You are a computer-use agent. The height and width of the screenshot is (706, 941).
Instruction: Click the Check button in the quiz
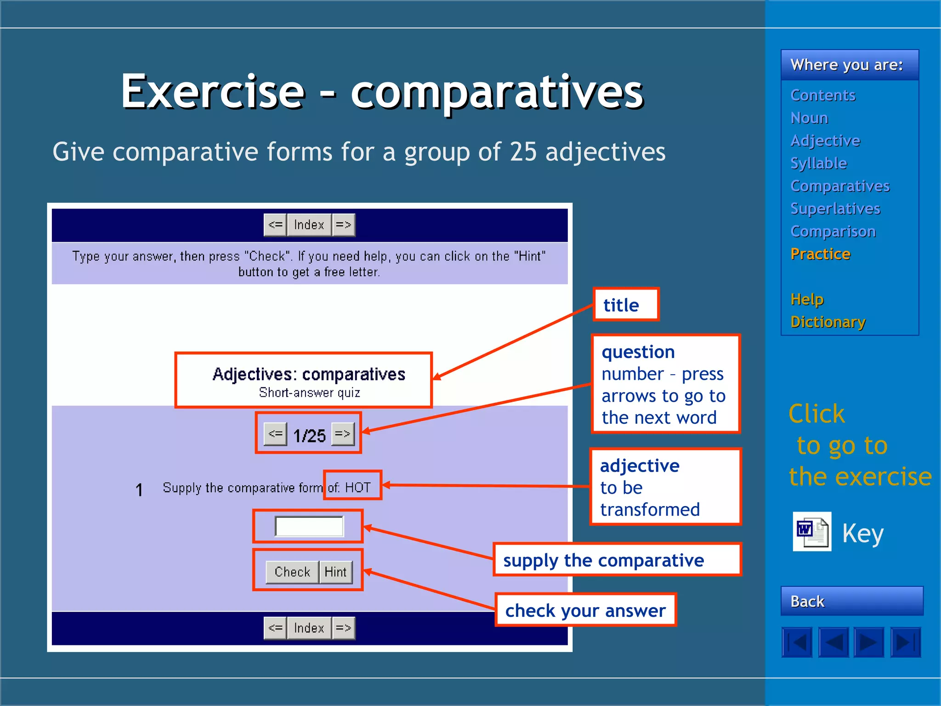[292, 572]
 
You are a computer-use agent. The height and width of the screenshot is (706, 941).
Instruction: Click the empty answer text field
[309, 526]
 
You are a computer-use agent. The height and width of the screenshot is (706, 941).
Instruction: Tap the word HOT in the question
[358, 487]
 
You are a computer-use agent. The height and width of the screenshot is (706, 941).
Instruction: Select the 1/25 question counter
[309, 435]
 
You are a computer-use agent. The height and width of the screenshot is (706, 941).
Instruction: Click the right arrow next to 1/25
[343, 434]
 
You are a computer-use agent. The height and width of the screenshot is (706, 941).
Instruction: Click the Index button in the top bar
[309, 225]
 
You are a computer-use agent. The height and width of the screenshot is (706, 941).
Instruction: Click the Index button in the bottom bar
[309, 628]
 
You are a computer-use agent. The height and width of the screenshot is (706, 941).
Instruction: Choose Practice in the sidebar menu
[820, 254]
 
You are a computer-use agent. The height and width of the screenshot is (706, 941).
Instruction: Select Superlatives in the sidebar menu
[835, 209]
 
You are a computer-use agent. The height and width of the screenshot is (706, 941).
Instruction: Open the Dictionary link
[828, 322]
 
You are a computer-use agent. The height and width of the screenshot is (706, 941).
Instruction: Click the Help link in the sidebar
[807, 299]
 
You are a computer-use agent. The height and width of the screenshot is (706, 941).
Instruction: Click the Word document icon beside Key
[812, 531]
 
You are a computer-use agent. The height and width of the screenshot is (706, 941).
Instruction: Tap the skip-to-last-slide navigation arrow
[905, 642]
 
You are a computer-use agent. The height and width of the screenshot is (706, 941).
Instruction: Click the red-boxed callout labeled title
[625, 304]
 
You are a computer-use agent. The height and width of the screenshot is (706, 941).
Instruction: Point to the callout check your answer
[585, 610]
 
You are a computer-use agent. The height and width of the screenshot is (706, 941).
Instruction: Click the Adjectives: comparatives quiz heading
[309, 374]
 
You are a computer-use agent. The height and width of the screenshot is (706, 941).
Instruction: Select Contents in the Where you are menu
[822, 95]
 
